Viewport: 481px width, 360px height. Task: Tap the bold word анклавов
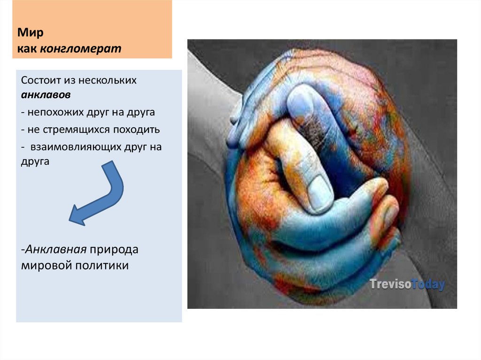tap(46, 95)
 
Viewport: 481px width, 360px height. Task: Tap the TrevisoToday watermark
tap(406, 284)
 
